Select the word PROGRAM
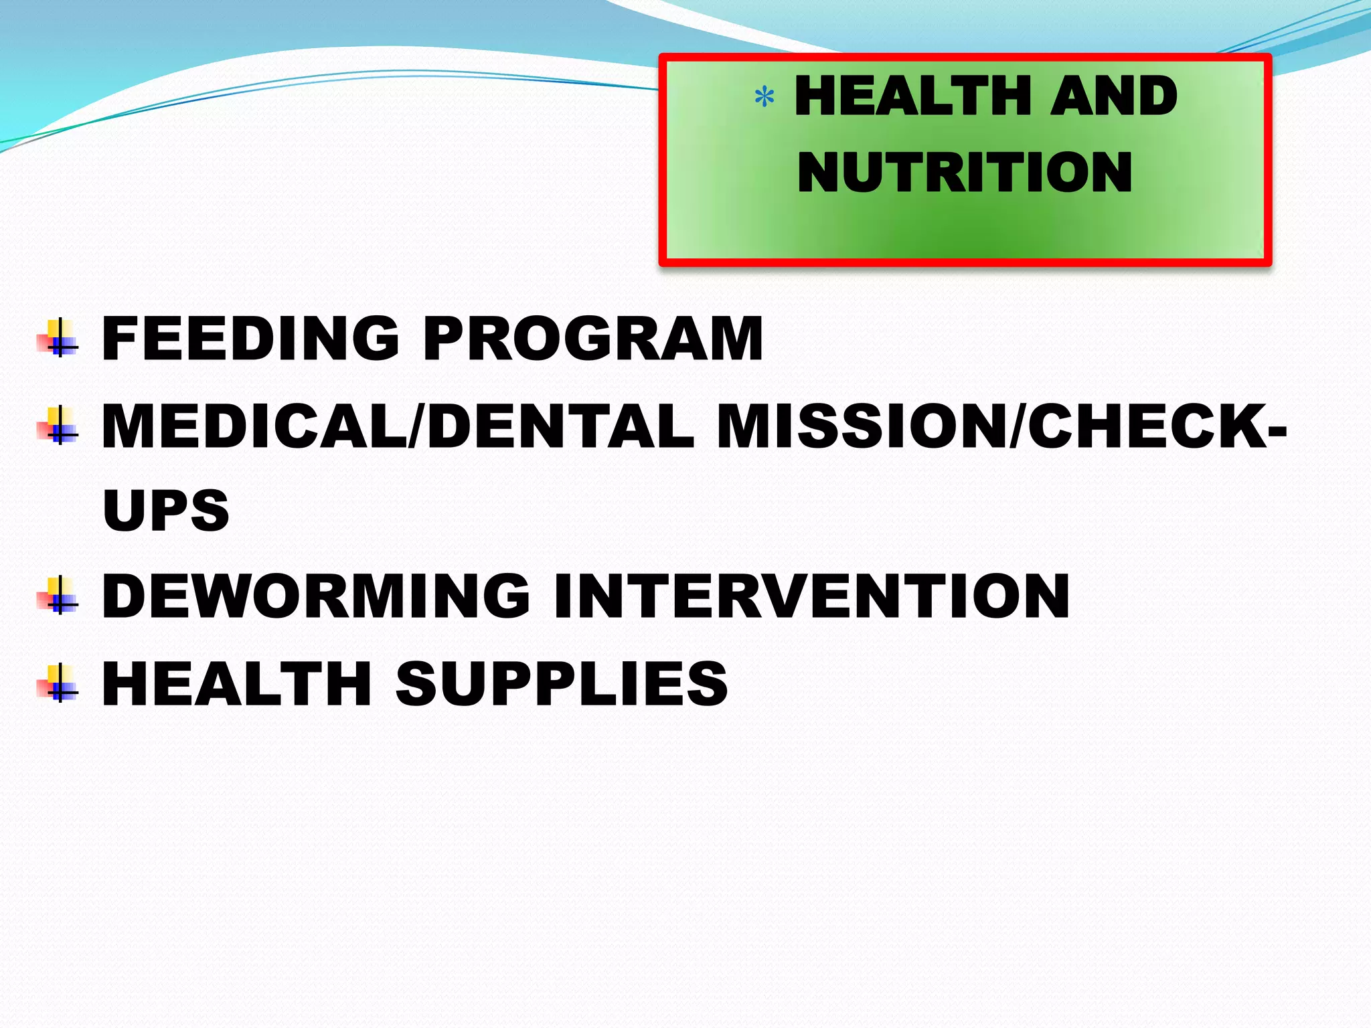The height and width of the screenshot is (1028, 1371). pos(592,339)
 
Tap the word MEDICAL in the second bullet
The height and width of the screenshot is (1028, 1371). pos(253,426)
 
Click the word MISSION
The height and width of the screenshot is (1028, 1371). pos(862,426)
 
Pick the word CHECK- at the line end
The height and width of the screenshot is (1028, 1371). pos(1157,426)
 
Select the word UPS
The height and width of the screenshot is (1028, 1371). pos(166,510)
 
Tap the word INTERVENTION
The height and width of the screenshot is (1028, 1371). pos(811,596)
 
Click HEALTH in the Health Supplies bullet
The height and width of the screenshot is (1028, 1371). pos(236,683)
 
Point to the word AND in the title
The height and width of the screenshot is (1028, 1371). pos(1113,96)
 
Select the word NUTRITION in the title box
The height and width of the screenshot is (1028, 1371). pos(965,172)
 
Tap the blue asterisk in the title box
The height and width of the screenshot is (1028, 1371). pos(764,98)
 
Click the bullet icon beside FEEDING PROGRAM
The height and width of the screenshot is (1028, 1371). pos(58,339)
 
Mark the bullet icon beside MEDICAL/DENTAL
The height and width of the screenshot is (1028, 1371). pos(58,426)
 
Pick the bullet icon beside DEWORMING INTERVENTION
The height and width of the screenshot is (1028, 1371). pos(58,595)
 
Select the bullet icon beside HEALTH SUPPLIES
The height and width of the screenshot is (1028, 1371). pos(58,683)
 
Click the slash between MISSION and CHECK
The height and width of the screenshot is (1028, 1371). pos(1017,426)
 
